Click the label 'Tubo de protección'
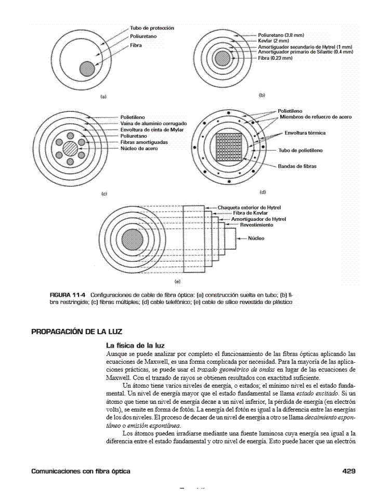coord(152,28)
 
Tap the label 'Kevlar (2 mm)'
coord(271,40)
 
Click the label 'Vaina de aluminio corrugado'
coord(153,123)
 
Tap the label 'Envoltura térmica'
coord(305,133)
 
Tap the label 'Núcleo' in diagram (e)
coord(256,238)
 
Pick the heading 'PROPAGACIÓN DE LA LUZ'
coord(76,331)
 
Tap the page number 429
coord(348,471)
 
